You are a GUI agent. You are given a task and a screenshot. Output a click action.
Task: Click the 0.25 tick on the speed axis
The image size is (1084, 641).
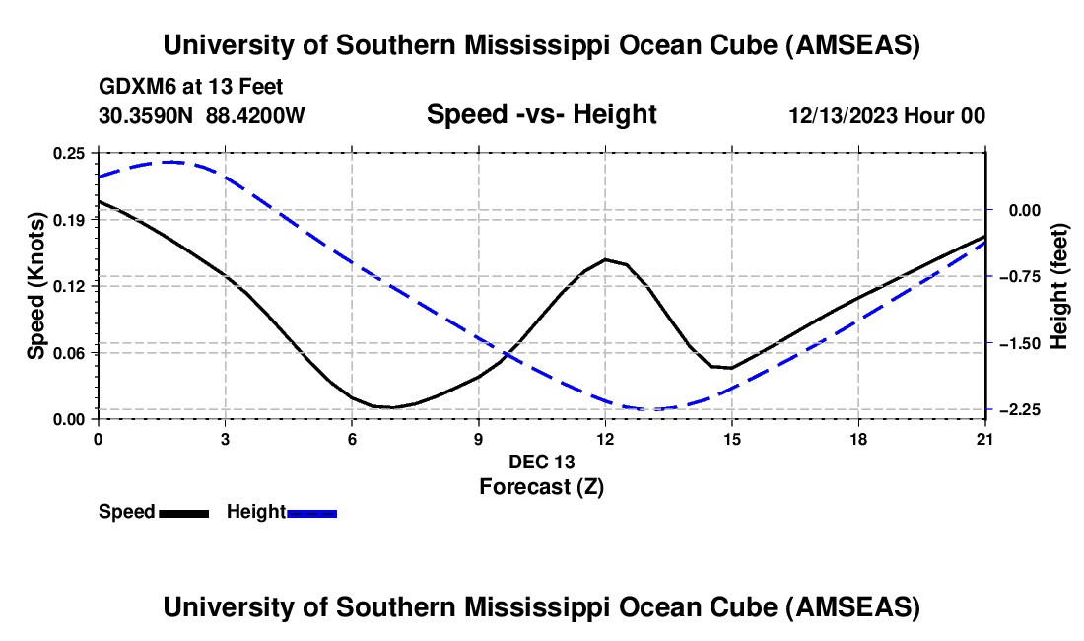(x=69, y=153)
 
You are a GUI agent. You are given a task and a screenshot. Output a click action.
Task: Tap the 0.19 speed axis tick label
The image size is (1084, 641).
(x=69, y=219)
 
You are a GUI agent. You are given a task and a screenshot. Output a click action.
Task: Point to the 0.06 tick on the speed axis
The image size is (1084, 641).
(x=69, y=352)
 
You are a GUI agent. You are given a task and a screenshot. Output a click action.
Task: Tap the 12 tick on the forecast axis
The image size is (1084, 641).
(x=605, y=438)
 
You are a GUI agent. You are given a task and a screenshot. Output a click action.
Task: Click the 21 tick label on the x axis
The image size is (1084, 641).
(x=985, y=438)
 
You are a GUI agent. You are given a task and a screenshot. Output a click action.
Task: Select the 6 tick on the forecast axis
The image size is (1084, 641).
(x=352, y=438)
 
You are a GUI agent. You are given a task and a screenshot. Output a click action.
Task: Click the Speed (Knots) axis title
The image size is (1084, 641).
(x=35, y=286)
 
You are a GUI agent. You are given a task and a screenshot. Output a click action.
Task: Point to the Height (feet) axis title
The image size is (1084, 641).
(x=1059, y=286)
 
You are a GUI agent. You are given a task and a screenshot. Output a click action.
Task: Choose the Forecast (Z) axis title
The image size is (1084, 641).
(x=541, y=486)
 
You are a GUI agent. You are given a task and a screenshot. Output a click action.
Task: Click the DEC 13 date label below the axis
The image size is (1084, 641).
(x=541, y=462)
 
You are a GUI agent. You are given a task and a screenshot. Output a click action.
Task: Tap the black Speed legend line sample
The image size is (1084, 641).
(x=183, y=513)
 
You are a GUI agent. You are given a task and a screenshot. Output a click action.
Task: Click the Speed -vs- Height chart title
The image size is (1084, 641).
(x=541, y=115)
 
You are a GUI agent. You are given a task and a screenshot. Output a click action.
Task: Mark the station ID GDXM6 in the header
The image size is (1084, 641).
(x=133, y=87)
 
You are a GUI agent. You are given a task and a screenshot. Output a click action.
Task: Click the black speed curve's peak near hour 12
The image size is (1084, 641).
(x=605, y=259)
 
